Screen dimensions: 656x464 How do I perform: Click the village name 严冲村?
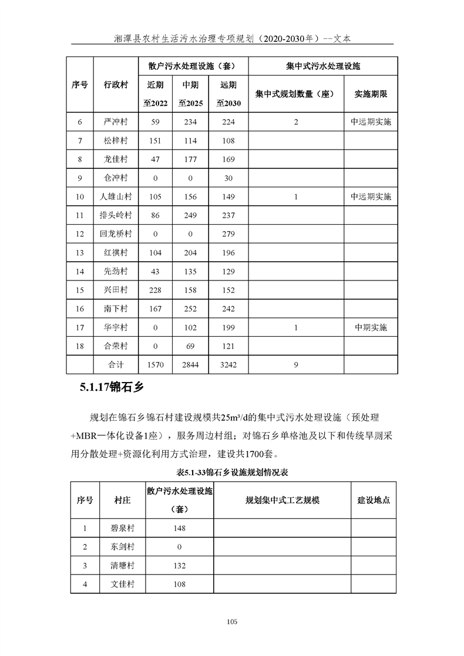point(116,122)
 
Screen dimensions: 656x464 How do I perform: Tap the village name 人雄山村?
point(116,197)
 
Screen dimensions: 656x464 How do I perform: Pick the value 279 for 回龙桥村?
point(228,234)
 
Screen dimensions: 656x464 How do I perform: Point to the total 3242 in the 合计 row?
point(228,364)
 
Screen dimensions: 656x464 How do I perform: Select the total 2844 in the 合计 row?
point(191,364)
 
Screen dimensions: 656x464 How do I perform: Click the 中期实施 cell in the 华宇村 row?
point(371,327)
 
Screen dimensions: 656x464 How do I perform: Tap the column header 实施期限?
point(371,94)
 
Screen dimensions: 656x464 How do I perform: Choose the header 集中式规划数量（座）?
point(295,94)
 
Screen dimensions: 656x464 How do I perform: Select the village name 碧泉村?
point(122,528)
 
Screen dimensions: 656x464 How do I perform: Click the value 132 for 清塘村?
point(180,566)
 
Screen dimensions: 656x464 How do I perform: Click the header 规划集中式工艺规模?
point(282,501)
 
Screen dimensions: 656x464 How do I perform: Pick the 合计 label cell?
point(116,364)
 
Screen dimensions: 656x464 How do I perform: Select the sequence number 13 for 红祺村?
point(80,253)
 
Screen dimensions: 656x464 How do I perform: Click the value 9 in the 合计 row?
point(296,364)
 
